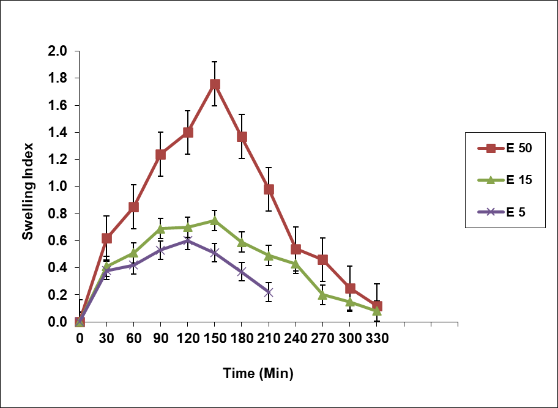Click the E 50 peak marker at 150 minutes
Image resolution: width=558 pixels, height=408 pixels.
pos(215,84)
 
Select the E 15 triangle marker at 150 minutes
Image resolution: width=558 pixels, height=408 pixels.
pos(215,220)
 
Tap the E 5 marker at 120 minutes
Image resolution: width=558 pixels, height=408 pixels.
pos(188,240)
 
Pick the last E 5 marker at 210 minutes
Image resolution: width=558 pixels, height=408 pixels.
pos(269,292)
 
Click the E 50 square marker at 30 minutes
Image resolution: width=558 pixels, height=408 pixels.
pos(107,238)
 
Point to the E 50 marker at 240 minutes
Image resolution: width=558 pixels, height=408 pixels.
pos(296,249)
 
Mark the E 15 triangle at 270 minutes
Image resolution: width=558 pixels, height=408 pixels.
pos(323,294)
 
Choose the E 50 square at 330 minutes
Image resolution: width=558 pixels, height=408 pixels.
pos(377,306)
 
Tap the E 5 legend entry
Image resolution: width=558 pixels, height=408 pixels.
pos(503,212)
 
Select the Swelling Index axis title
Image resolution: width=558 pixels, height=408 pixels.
pos(28,191)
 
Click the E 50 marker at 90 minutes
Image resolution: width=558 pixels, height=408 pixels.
pos(161,154)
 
